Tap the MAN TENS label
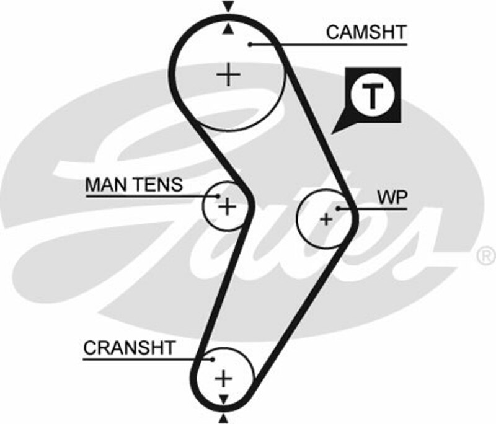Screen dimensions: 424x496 tap(133, 184)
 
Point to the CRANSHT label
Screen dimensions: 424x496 tap(130, 348)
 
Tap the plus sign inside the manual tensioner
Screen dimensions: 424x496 tap(228, 206)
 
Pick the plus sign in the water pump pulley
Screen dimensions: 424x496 tap(325, 218)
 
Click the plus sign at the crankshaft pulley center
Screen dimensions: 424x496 tap(224, 378)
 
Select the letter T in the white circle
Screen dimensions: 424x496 tap(371, 96)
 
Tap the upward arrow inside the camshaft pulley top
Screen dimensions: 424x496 tap(229, 29)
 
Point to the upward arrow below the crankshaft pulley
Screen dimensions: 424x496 tap(224, 418)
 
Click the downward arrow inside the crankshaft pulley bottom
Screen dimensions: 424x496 tap(224, 397)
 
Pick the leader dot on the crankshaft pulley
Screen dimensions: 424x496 tap(212, 359)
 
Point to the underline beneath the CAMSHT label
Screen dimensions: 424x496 tap(347, 44)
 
